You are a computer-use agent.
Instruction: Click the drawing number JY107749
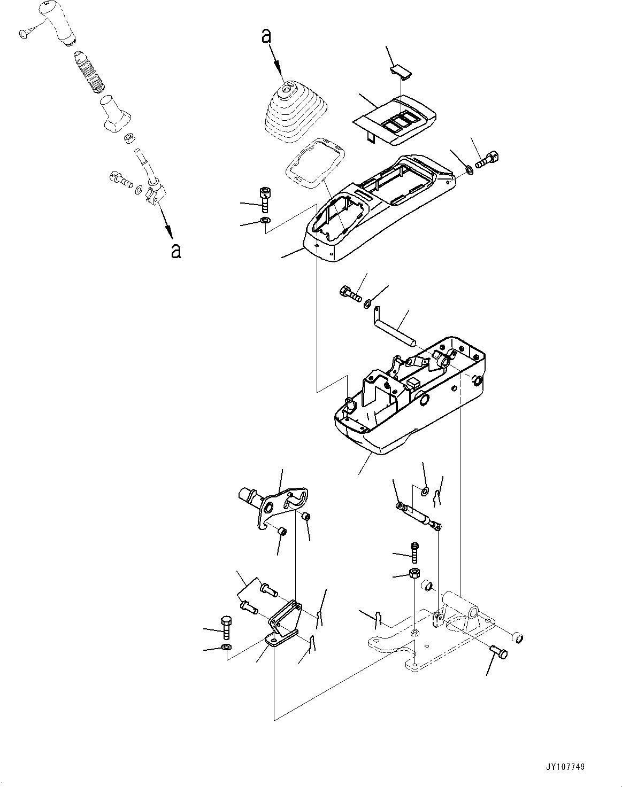tap(565, 767)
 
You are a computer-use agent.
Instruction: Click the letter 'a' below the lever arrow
tap(175, 250)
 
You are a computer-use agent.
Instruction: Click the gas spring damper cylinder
tap(418, 514)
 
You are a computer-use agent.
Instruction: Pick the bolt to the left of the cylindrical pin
tap(350, 293)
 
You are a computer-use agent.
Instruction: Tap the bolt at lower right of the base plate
tap(500, 652)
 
